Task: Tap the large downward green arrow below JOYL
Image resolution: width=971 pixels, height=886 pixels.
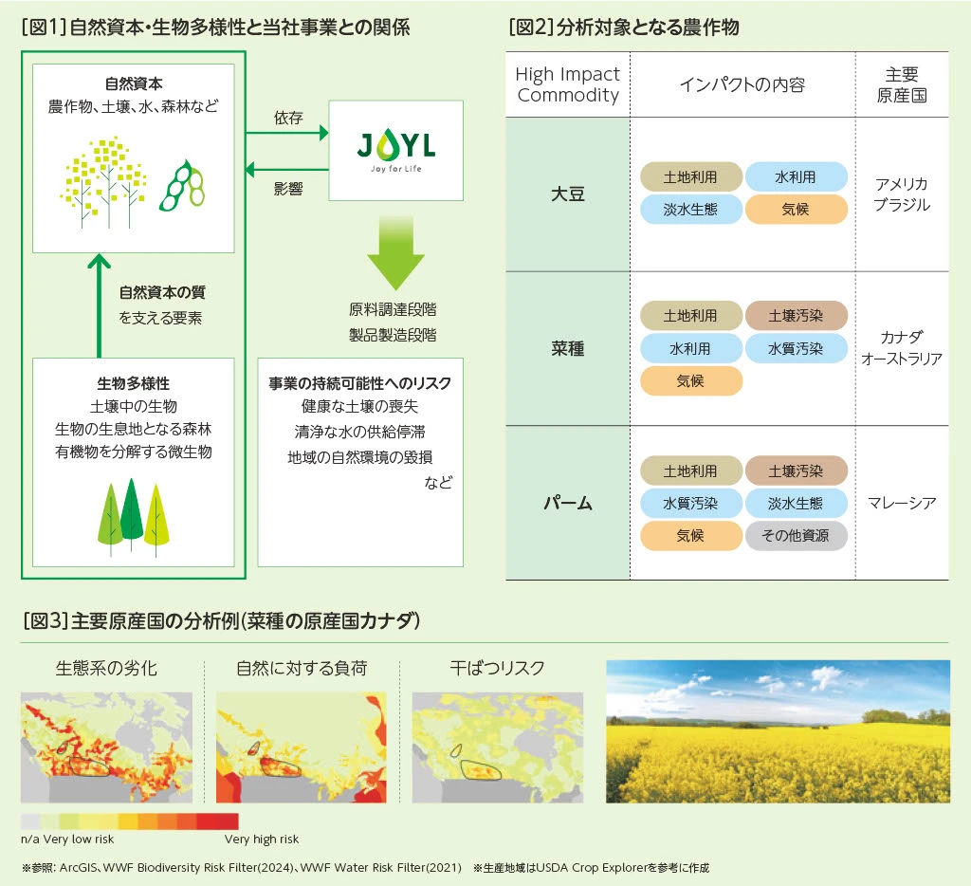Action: [395, 251]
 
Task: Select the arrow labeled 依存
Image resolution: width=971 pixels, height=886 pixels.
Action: [286, 135]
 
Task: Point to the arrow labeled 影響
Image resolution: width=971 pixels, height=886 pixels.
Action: [286, 170]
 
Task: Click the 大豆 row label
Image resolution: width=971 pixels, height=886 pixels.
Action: [567, 194]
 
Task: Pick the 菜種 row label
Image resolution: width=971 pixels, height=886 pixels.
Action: [567, 348]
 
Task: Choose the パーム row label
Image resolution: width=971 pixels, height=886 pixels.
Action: [567, 503]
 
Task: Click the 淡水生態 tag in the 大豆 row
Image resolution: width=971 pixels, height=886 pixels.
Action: [690, 210]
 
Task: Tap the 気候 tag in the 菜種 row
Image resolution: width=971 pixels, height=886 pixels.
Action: [690, 380]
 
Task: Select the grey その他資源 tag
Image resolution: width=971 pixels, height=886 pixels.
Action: [796, 535]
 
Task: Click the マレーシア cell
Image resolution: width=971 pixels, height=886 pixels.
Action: [901, 503]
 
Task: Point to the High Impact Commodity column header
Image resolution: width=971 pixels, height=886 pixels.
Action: [567, 84]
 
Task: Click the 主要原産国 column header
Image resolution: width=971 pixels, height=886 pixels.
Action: [901, 84]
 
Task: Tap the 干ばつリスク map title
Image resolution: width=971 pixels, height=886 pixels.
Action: [497, 668]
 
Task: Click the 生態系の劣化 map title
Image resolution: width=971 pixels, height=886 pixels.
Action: [106, 668]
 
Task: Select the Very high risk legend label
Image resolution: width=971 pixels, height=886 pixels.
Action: [262, 840]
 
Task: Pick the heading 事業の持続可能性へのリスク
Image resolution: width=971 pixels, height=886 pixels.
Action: [359, 384]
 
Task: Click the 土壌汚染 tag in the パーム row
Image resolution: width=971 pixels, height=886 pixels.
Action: [796, 471]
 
